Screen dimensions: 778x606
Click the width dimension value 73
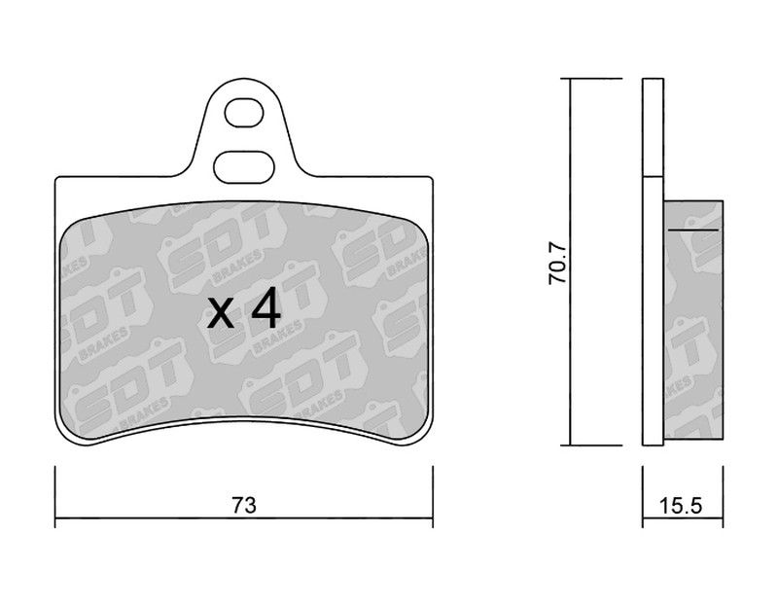244,505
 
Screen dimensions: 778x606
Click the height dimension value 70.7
557,263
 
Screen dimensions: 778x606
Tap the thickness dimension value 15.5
681,506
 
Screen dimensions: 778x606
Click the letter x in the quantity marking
221,313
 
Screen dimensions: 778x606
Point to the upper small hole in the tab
244,113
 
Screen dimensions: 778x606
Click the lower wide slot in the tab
244,167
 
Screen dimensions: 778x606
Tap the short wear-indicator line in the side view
692,231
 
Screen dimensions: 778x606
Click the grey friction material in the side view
693,320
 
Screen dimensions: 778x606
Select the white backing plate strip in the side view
653,310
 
